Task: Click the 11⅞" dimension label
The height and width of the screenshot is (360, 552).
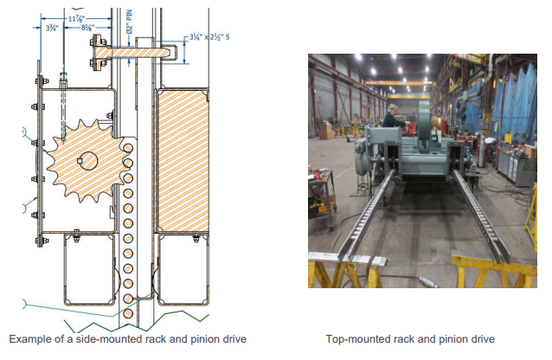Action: click(x=76, y=19)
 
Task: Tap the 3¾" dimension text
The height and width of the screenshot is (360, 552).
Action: click(x=52, y=28)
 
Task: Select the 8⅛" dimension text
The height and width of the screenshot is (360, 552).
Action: click(x=87, y=28)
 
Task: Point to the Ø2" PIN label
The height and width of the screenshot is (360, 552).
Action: click(x=130, y=22)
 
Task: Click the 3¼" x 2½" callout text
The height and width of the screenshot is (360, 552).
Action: click(x=209, y=37)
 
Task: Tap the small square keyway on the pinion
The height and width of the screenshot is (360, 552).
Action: click(x=80, y=161)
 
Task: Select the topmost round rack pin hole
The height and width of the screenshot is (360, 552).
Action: click(x=128, y=148)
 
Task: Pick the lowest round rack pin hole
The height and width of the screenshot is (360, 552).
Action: click(x=128, y=313)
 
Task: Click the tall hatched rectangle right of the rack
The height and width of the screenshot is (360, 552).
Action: click(x=183, y=161)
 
